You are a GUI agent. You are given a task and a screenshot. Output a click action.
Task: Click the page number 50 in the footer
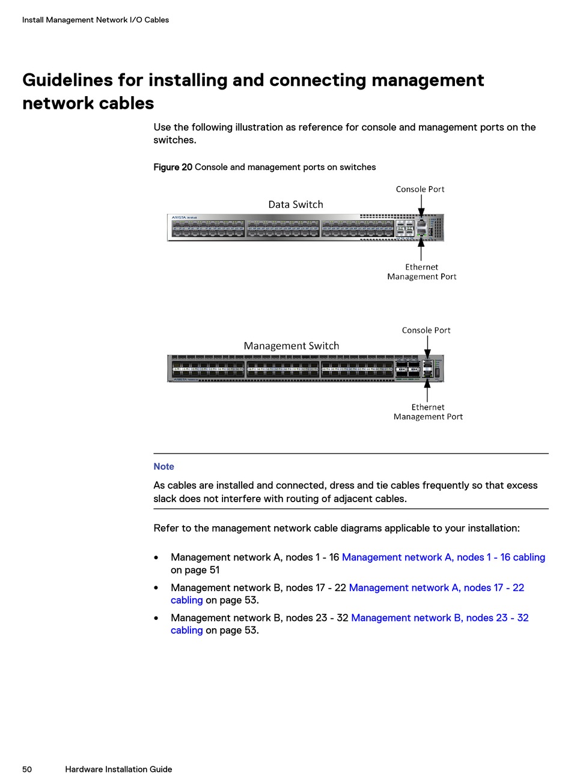(x=27, y=769)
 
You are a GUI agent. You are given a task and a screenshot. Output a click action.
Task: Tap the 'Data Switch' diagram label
(x=295, y=204)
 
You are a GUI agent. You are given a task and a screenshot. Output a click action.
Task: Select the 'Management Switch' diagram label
(x=291, y=345)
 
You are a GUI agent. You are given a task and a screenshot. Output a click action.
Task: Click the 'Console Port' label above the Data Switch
(x=420, y=189)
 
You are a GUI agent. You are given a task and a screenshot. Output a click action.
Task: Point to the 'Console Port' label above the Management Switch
(x=426, y=330)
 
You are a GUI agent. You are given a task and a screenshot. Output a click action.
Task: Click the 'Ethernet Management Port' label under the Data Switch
(x=421, y=272)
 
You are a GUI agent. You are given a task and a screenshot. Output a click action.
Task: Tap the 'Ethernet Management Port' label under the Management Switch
(x=428, y=412)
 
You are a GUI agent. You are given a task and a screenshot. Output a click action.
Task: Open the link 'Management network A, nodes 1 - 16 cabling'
(x=443, y=557)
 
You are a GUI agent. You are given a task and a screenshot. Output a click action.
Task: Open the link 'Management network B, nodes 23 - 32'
(x=439, y=617)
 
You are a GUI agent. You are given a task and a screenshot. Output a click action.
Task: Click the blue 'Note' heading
(x=163, y=467)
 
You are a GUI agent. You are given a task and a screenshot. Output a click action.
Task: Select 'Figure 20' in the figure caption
(x=173, y=167)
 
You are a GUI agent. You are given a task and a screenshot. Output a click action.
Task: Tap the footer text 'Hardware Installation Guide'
(x=118, y=769)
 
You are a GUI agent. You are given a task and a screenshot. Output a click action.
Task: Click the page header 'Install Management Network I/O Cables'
(x=95, y=20)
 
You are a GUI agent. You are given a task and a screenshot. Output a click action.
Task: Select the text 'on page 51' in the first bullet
(x=195, y=570)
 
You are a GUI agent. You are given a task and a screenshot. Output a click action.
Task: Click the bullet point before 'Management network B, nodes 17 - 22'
(x=156, y=588)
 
